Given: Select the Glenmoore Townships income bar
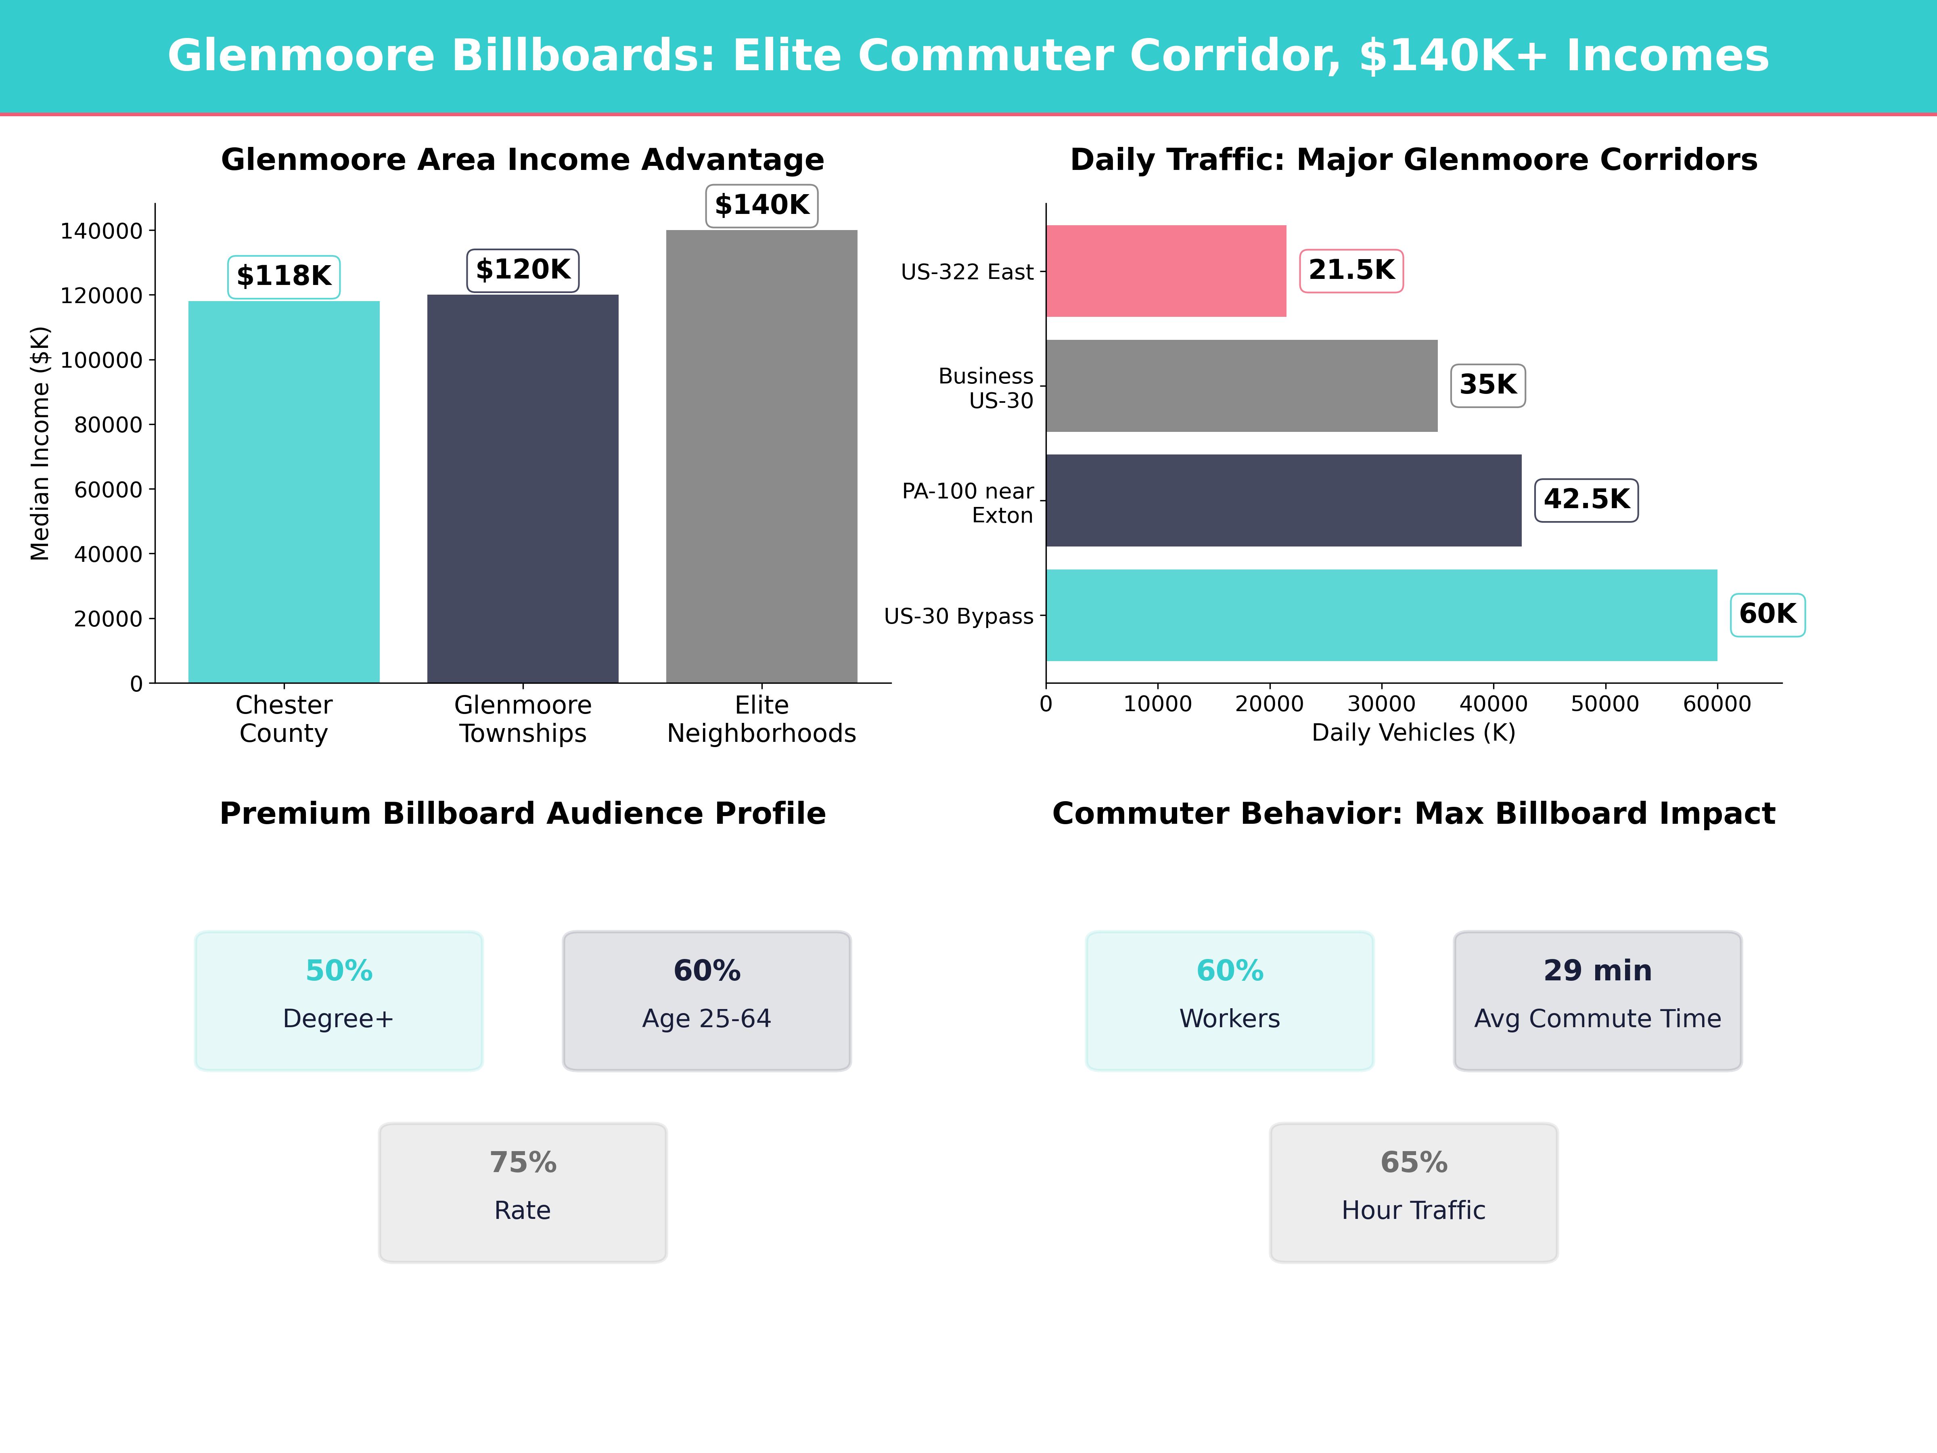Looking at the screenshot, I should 523,489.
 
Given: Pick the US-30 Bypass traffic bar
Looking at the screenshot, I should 1381,615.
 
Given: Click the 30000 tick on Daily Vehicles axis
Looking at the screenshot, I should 1381,704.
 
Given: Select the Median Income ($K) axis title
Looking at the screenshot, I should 40,443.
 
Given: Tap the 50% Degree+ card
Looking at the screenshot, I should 339,1000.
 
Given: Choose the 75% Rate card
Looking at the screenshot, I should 523,1192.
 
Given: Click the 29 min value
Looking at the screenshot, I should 1597,970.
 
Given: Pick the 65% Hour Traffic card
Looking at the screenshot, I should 1413,1192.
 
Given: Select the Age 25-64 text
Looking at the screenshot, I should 707,1019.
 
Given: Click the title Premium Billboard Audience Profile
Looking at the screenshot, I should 523,814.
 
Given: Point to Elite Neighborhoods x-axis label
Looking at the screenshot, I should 762,719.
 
